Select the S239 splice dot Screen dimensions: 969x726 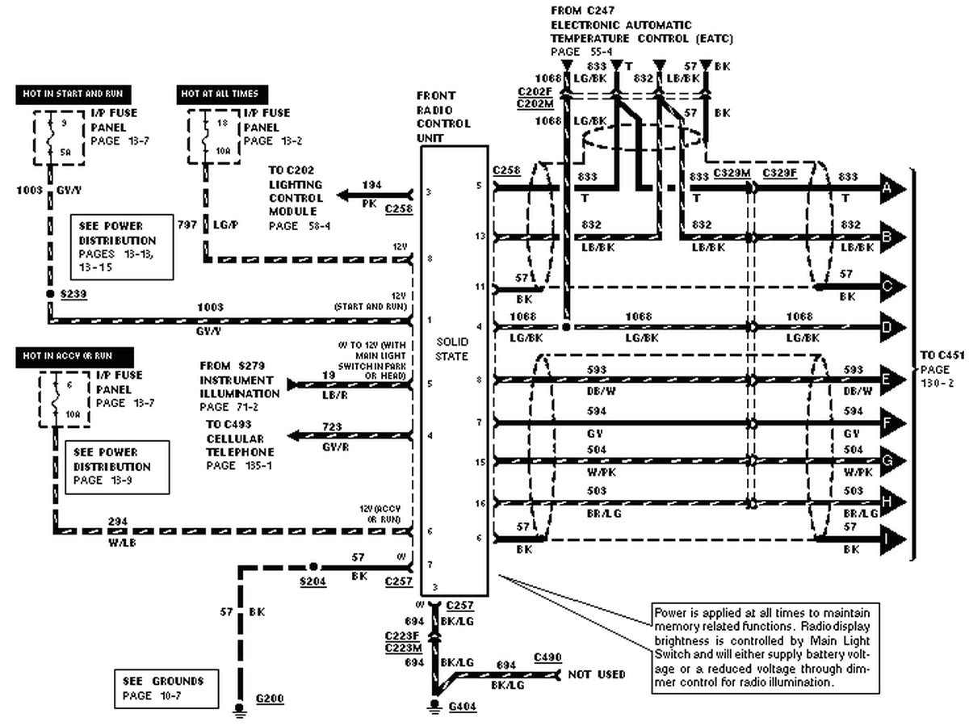coord(50,296)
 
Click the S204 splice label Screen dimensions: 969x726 coord(313,581)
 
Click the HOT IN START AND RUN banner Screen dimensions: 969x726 coord(73,94)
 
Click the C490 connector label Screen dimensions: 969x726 coord(547,658)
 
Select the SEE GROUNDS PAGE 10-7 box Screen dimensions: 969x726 coord(166,687)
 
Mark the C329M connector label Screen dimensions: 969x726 coord(732,173)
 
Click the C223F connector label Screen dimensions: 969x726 coord(401,636)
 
